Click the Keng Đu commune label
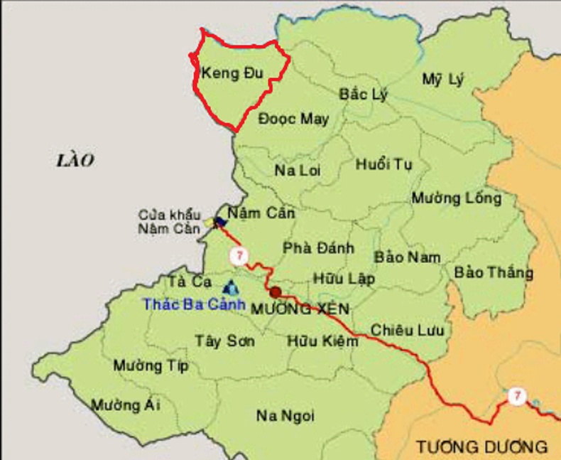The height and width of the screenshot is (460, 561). coord(232,73)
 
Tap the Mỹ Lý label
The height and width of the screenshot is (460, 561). coord(442,80)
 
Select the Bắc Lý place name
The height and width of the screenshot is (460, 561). coord(364,95)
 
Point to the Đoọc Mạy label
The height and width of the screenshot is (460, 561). coord(293,119)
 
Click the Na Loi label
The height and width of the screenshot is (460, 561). coord(298,171)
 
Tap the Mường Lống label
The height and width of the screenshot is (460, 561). coord(456,198)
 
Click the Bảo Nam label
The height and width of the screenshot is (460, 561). coord(408,257)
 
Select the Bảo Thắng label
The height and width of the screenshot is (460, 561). coord(494,272)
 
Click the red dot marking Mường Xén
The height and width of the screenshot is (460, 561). coord(276,291)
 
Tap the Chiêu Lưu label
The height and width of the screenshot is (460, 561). coord(407,330)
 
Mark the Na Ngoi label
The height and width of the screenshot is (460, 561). coord(285,416)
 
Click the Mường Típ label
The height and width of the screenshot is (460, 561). coord(151,366)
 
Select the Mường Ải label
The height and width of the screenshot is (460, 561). coord(126,405)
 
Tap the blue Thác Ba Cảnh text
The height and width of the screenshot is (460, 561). coord(194,304)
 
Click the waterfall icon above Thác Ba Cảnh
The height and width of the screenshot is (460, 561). coord(231,287)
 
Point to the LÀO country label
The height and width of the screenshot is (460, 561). coord(75,161)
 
